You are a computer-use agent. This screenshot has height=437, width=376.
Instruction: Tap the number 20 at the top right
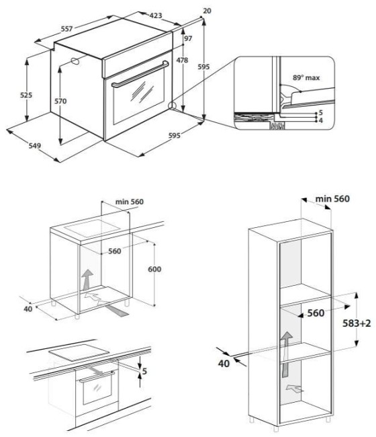coord(206,10)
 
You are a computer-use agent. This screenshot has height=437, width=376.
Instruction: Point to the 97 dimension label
coord(187,38)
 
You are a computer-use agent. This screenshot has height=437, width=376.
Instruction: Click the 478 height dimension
coord(182,61)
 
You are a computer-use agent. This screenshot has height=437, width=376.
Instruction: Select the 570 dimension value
coord(61,101)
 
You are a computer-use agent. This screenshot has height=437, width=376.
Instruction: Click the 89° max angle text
coord(305,78)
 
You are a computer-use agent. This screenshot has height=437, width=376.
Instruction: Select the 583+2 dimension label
coord(356,323)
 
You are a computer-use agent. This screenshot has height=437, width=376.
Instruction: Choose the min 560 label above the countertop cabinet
coord(130,202)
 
